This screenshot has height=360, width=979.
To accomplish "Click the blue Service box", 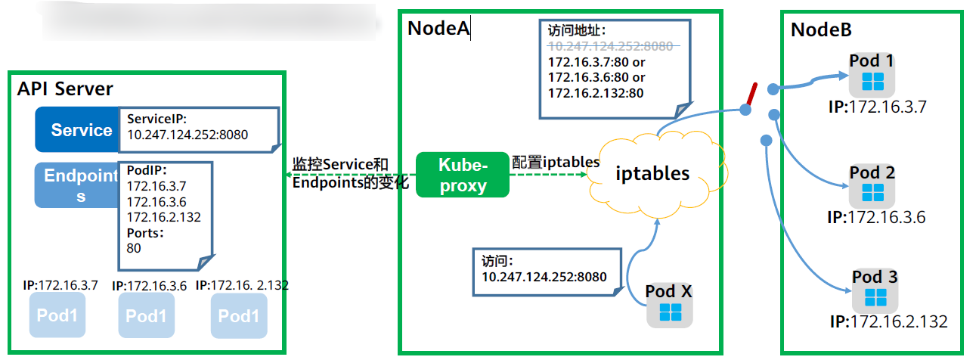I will coord(76,130).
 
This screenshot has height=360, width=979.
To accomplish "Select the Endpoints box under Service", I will coord(76,185).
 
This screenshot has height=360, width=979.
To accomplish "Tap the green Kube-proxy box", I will coord(463,175).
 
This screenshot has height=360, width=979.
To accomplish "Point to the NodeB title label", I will coord(821,30).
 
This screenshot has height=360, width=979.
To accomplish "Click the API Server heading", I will coord(65,89).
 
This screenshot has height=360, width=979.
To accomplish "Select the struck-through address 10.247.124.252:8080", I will coord(610,46).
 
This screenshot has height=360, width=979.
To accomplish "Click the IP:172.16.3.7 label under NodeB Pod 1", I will coord(877,107).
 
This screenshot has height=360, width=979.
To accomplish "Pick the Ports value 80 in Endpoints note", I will coord(135,247).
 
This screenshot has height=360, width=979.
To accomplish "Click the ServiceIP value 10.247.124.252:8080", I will coord(187,135).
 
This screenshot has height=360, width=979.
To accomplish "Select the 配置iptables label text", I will coord(556,162).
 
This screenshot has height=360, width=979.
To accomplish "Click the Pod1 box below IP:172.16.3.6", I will coord(146,315).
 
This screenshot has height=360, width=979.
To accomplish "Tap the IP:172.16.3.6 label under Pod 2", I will coord(876,218).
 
